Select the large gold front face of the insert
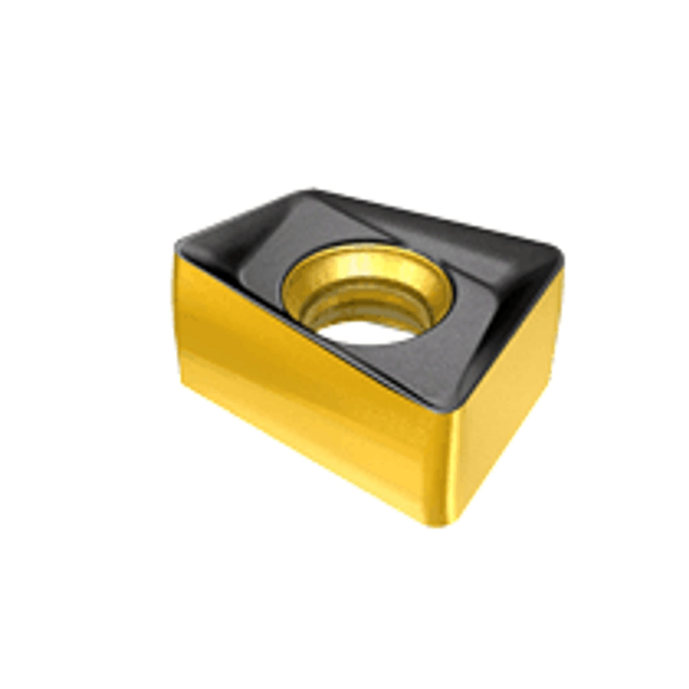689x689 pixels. click(x=306, y=397)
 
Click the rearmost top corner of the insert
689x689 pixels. click(x=309, y=193)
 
